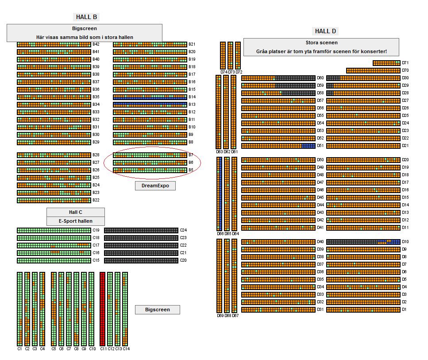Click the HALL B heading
[x=86, y=17]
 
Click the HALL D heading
[x=325, y=31]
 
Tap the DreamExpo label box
[x=155, y=186]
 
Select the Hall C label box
[x=76, y=213]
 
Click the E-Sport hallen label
[x=76, y=221]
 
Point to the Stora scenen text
[x=321, y=43]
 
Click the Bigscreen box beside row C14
[x=157, y=310]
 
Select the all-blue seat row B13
[x=150, y=105]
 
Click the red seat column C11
[x=103, y=309]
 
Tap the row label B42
[x=96, y=44]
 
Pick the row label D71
[x=405, y=63]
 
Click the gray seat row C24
[x=141, y=230]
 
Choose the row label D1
[x=404, y=310]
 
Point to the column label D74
[x=224, y=72]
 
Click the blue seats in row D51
[x=308, y=146]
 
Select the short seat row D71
[x=386, y=63]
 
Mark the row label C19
[x=96, y=230]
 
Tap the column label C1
[x=19, y=349]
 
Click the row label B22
[x=96, y=200]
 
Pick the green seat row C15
[x=54, y=260]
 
